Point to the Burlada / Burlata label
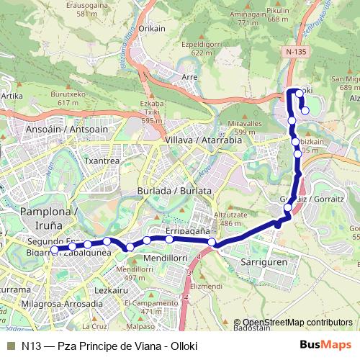[x=174, y=191]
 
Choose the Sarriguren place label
[x=265, y=263]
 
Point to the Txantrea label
[x=102, y=161]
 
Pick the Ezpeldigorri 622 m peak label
[x=201, y=48]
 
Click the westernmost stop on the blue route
[x=55, y=250]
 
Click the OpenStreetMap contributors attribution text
[x=297, y=323]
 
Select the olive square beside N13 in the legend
[x=9, y=346]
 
